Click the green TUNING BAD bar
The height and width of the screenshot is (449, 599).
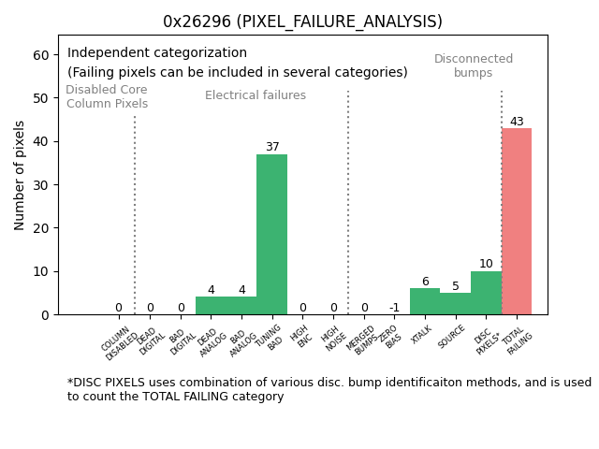click(x=271, y=234)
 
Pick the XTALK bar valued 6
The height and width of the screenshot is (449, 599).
click(x=425, y=301)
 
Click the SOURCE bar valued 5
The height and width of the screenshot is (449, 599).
click(x=456, y=303)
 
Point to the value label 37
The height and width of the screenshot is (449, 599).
click(x=272, y=147)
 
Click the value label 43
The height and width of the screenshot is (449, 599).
click(x=517, y=122)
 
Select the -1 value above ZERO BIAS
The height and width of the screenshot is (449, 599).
click(x=394, y=308)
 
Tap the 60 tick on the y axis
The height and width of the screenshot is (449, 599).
click(x=41, y=55)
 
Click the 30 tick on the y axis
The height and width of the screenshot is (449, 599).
click(x=41, y=185)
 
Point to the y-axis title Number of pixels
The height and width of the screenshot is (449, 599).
click(x=20, y=175)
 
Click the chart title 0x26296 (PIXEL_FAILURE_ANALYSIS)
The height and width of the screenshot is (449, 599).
click(x=302, y=22)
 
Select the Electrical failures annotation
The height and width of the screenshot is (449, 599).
click(x=256, y=95)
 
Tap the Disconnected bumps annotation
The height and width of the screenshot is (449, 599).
click(x=474, y=65)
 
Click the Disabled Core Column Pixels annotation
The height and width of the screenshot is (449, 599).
click(x=107, y=97)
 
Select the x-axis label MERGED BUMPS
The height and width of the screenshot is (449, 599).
click(x=360, y=339)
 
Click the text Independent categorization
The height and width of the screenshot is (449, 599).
click(x=157, y=53)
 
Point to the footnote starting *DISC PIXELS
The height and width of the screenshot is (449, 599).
click(x=328, y=389)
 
